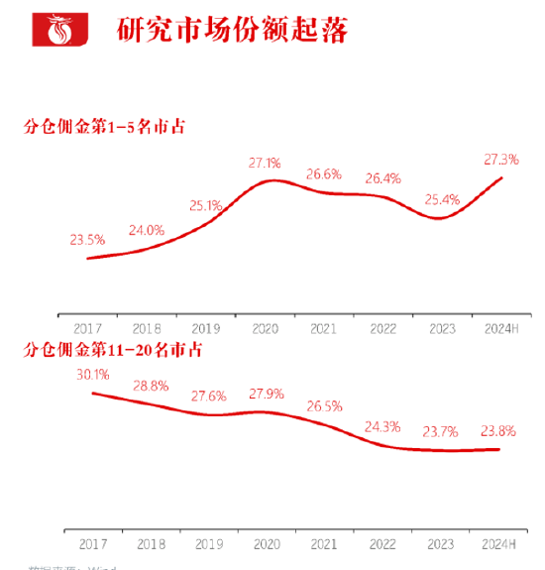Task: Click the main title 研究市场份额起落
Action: (232, 30)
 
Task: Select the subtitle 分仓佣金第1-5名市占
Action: (105, 126)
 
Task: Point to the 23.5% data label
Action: (87, 240)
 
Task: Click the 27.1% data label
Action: (265, 162)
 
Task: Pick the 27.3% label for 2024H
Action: (501, 159)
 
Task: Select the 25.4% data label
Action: (442, 199)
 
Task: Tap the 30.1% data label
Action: (91, 374)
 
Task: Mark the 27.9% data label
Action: (266, 394)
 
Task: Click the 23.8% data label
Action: (498, 431)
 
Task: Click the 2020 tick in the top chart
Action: (265, 326)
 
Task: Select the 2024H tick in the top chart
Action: (500, 326)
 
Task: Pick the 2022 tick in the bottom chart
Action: (382, 544)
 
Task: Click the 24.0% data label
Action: (147, 230)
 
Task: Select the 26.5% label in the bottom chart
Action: (324, 405)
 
